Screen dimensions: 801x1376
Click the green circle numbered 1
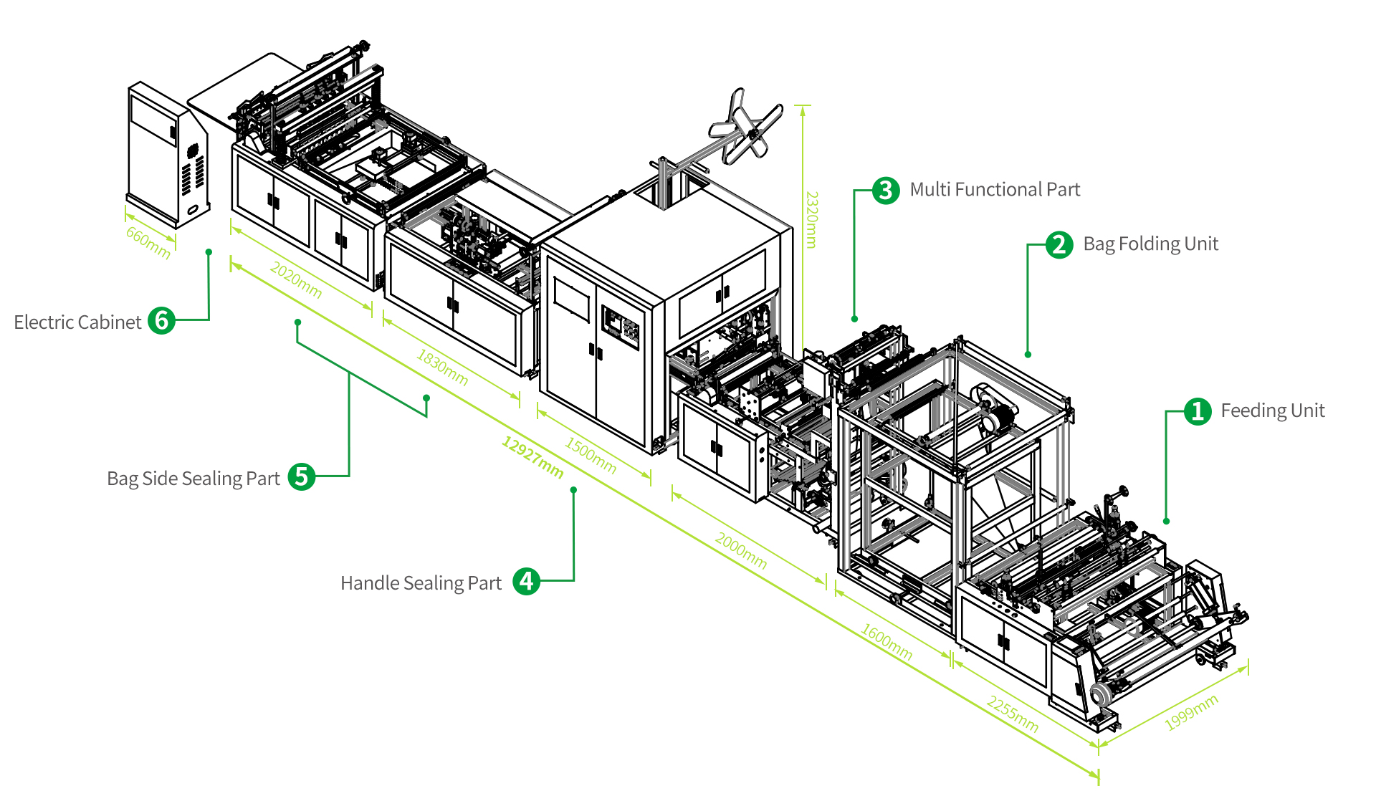[x=1197, y=411]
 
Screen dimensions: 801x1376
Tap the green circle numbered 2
[x=1059, y=245]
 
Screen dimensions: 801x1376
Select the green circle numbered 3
[x=886, y=190]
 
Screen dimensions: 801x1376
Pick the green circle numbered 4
[x=526, y=582]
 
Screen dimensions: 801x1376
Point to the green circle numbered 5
[x=302, y=477]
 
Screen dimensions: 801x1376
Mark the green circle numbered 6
[x=161, y=321]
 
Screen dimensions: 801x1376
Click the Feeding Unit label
[x=1272, y=411]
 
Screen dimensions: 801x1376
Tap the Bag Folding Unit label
[x=1150, y=244]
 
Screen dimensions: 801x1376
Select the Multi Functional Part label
[x=994, y=190]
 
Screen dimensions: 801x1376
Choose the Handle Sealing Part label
[x=421, y=583]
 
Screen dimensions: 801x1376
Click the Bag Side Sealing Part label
[x=193, y=479]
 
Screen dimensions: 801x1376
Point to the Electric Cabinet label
[x=77, y=322]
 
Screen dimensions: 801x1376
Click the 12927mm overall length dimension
[x=532, y=456]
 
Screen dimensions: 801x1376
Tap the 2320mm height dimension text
[x=811, y=219]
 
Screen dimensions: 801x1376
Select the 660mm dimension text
[x=148, y=242]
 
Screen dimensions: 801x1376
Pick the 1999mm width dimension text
[x=1191, y=712]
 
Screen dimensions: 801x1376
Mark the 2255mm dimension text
[x=1012, y=714]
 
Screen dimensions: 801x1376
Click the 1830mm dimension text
[x=442, y=368]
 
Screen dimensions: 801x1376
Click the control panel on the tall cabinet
[x=620, y=328]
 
